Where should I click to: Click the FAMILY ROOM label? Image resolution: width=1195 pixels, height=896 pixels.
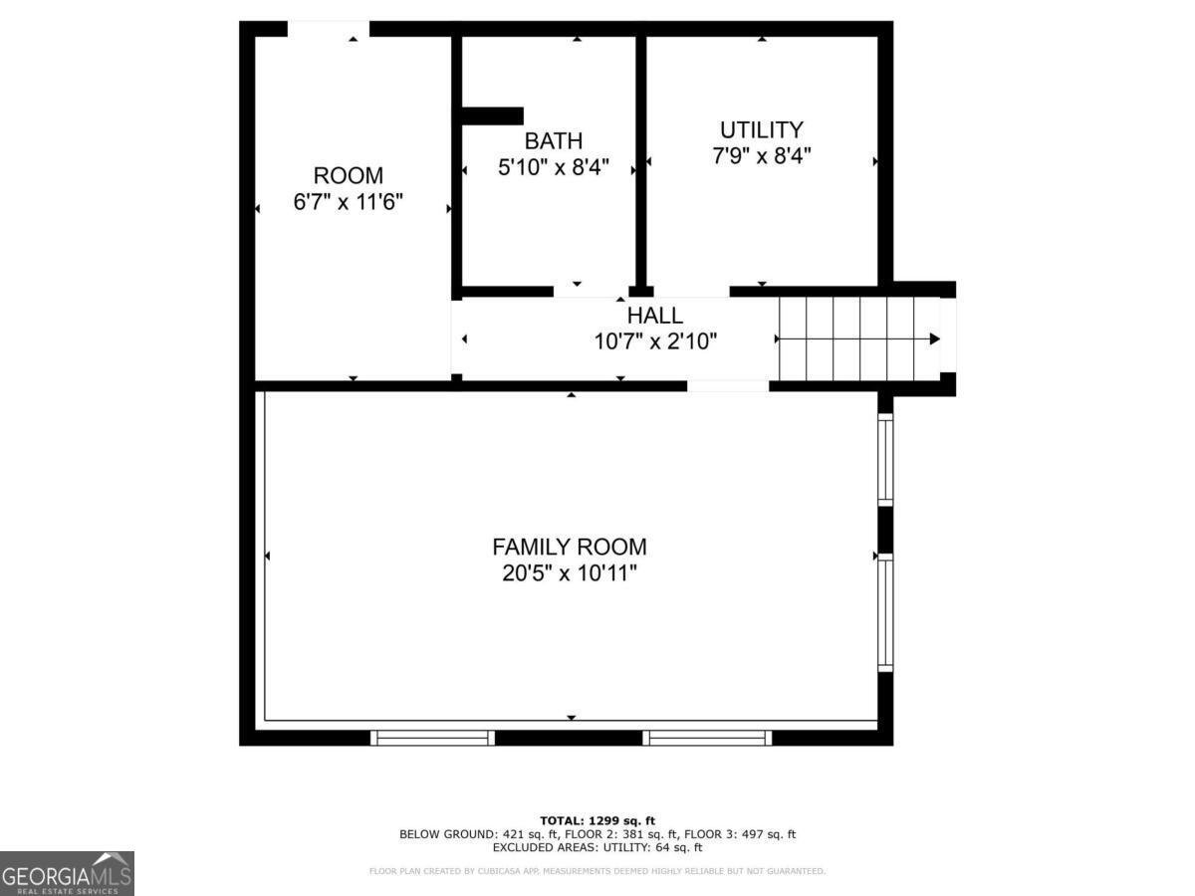tap(569, 547)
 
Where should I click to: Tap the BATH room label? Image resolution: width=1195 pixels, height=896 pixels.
tap(554, 140)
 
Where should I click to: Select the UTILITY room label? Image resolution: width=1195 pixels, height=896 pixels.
tap(761, 129)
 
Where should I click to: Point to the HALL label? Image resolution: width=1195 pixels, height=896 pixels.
tap(654, 316)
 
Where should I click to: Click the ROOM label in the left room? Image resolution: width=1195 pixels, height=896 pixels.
tap(348, 176)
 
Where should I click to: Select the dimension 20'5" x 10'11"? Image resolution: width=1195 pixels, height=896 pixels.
tap(569, 573)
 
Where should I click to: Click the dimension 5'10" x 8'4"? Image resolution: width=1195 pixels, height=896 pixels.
tap(554, 167)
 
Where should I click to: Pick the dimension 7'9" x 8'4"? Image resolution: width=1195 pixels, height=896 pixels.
tap(761, 156)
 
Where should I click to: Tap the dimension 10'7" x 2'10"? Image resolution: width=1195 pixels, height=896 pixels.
tap(654, 341)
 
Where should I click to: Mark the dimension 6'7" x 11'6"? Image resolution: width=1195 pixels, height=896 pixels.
tap(348, 203)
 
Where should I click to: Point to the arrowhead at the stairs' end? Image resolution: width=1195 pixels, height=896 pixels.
tap(934, 338)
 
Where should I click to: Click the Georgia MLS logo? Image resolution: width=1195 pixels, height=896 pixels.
tap(67, 873)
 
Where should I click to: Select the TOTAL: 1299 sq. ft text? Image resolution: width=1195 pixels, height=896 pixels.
tap(597, 819)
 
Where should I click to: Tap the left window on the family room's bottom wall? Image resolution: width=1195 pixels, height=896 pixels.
tap(432, 738)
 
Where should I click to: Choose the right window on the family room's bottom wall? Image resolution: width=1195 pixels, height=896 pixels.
tap(707, 738)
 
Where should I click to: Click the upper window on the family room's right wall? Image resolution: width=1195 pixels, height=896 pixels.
tap(884, 459)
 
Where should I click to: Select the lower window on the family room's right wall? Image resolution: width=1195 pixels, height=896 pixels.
tap(884, 611)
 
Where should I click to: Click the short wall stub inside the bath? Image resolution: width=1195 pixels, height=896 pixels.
tap(492, 116)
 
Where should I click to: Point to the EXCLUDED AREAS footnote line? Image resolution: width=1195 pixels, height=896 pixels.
tap(597, 848)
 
